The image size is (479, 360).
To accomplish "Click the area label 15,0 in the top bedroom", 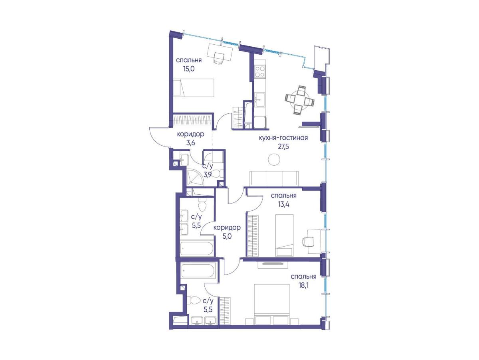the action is [x=189, y=69].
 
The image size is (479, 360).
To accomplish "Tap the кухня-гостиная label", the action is [x=283, y=138].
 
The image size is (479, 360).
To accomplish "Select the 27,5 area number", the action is [x=283, y=146].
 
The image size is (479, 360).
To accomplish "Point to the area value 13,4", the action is [x=283, y=204].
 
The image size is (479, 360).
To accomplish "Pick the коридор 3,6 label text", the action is [x=190, y=138].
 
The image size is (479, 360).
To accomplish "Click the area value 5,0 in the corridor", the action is [x=227, y=236].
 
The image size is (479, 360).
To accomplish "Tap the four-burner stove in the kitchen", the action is [x=260, y=71].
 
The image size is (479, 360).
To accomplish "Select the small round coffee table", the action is [x=274, y=159].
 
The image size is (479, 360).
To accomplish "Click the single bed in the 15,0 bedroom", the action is [x=193, y=87].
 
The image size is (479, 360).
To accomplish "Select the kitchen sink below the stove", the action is [x=260, y=100].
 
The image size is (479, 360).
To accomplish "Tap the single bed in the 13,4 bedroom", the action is [x=284, y=235].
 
